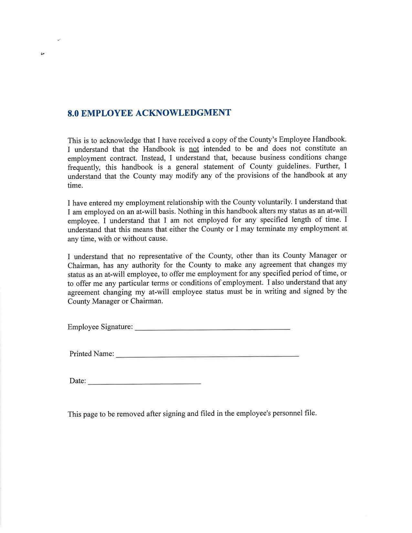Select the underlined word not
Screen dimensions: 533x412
tap(194, 149)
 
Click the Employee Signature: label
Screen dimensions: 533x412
tap(100, 327)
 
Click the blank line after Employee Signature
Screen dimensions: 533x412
tap(212, 329)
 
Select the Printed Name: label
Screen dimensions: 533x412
tap(92, 354)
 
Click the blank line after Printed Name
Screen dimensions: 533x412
tap(207, 356)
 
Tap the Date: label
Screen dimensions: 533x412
tap(78, 381)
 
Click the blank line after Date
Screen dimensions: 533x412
tap(144, 383)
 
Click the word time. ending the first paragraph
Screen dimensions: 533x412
tap(75, 185)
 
